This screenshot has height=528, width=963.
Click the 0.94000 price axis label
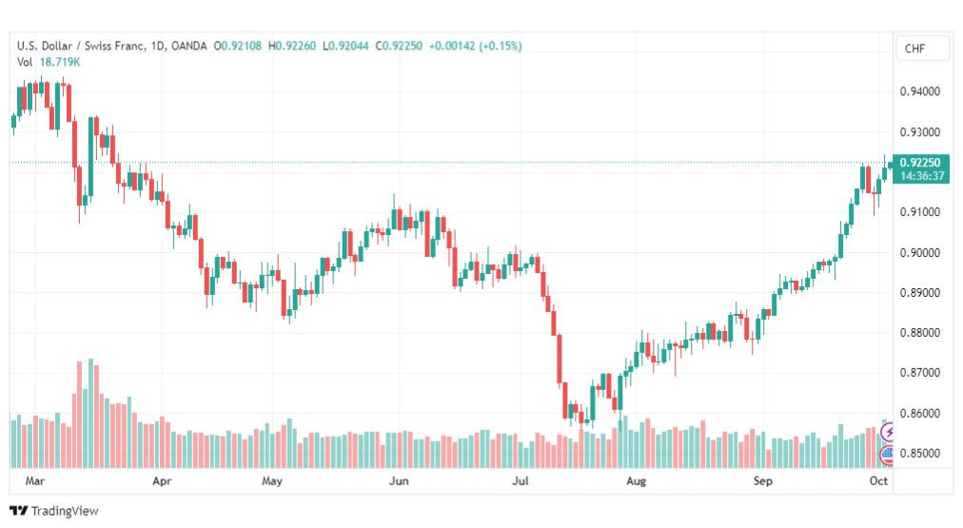(x=919, y=91)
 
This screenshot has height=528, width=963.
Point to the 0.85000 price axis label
(x=919, y=453)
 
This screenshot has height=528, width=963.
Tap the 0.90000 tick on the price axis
(x=919, y=252)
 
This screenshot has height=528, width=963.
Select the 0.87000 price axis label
(x=919, y=373)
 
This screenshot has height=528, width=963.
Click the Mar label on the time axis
(x=35, y=480)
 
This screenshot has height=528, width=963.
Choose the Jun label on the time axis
(x=399, y=480)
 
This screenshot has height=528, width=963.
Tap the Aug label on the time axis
(x=636, y=480)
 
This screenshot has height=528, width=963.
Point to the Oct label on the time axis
(x=878, y=480)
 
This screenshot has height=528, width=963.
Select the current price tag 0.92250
(x=920, y=162)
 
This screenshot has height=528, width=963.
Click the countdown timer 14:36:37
(x=922, y=176)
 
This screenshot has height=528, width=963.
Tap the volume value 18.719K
(x=60, y=62)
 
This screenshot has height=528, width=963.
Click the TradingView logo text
(x=65, y=511)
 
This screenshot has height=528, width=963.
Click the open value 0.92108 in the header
(x=241, y=46)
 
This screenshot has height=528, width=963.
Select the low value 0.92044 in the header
(x=348, y=46)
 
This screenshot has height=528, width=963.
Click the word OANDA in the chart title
(x=189, y=46)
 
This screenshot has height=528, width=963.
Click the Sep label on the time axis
(x=763, y=480)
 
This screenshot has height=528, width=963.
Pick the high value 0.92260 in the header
(x=295, y=46)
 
